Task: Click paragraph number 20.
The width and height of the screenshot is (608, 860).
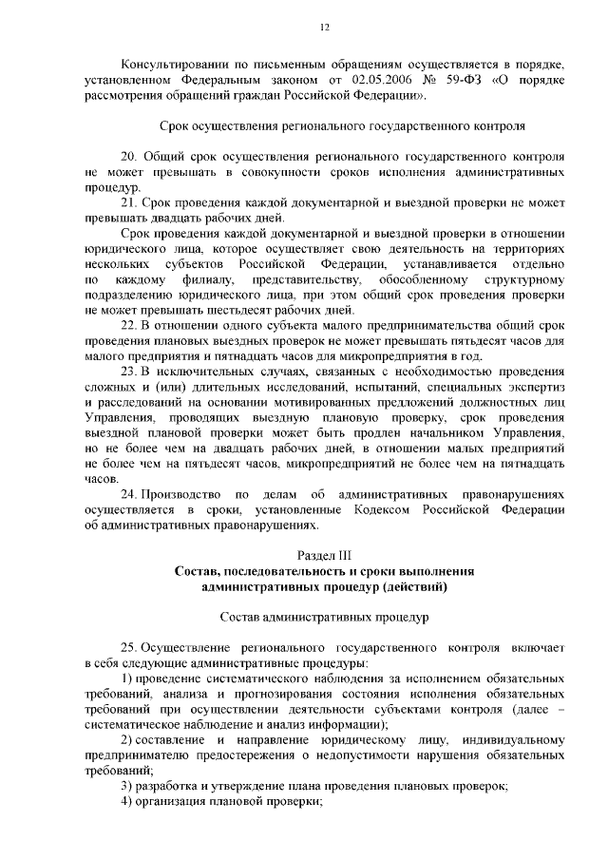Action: [x=130, y=156]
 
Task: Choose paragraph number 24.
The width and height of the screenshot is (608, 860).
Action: [x=129, y=494]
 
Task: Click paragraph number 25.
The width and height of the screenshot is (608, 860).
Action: [x=129, y=646]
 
